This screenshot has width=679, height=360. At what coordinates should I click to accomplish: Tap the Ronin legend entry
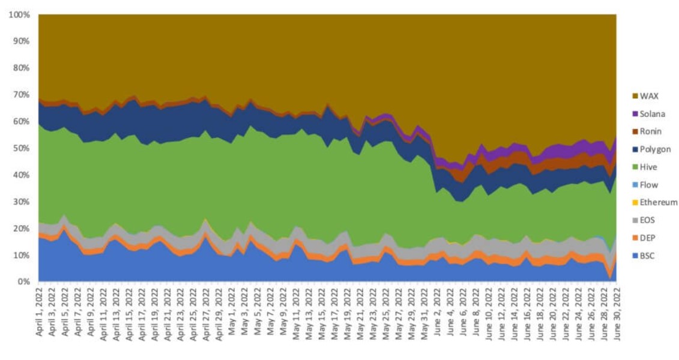pyautogui.click(x=651, y=131)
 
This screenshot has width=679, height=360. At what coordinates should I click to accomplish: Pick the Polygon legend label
pyautogui.click(x=654, y=149)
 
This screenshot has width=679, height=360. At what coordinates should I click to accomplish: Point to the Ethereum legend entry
pyautogui.click(x=658, y=203)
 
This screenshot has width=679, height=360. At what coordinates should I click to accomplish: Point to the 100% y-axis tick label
pyautogui.click(x=18, y=15)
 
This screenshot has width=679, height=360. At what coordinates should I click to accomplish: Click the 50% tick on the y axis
pyautogui.click(x=20, y=148)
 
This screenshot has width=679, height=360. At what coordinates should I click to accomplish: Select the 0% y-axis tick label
pyautogui.click(x=23, y=281)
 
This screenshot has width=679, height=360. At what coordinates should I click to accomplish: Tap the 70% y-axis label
pyautogui.click(x=20, y=95)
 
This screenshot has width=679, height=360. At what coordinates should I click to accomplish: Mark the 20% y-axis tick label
pyautogui.click(x=20, y=228)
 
